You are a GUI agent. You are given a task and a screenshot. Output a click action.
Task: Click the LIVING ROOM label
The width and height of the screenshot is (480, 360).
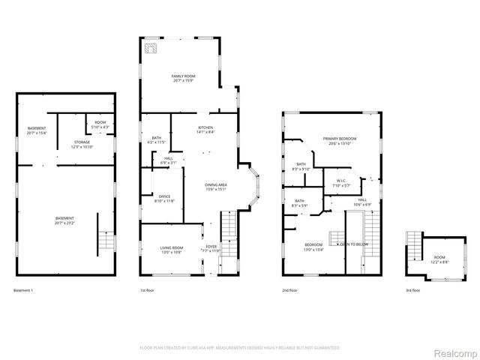(172, 249)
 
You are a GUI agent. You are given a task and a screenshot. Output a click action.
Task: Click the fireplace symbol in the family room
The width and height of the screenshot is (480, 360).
(151, 48)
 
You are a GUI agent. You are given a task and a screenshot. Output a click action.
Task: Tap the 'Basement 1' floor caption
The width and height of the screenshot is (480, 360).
(24, 290)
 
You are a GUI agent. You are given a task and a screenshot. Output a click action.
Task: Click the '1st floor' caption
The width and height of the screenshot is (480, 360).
(148, 290)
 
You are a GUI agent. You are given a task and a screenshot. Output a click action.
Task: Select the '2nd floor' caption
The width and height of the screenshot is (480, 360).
(289, 290)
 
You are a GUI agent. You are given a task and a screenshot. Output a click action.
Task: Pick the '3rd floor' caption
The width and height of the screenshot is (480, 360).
(412, 290)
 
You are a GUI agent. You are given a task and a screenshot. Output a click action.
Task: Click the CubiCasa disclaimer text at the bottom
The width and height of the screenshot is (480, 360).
(240, 348)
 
